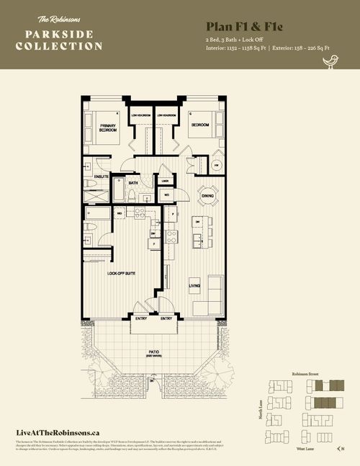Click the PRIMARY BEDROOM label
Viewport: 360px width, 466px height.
pyautogui.click(x=108, y=128)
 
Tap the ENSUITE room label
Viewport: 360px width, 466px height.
pyautogui.click(x=102, y=176)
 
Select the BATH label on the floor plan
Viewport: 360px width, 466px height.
pyautogui.click(x=132, y=183)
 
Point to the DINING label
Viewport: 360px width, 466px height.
pyautogui.click(x=207, y=195)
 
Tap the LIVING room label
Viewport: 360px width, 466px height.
pyautogui.click(x=194, y=286)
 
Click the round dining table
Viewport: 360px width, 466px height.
pyautogui.click(x=207, y=195)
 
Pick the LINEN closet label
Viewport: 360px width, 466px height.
pyautogui.click(x=165, y=182)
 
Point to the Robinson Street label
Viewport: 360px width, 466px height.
pyautogui.click(x=305, y=375)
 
